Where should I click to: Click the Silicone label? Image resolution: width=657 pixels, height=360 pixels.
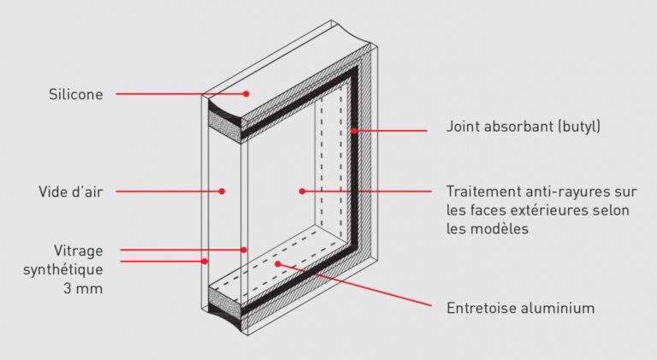point(75,94)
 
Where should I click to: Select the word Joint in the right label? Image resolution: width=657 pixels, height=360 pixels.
point(463,127)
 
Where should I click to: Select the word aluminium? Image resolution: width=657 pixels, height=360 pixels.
point(559,308)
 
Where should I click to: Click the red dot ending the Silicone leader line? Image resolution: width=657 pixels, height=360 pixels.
point(246,93)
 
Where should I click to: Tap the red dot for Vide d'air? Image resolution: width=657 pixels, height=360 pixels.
point(222,192)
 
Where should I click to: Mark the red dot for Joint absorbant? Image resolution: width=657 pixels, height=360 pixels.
point(352,131)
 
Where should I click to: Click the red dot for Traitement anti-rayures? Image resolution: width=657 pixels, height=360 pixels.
point(303,191)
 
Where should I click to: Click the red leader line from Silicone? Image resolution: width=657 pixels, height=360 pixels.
point(180,93)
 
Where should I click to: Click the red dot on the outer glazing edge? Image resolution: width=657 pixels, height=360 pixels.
point(205,261)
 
